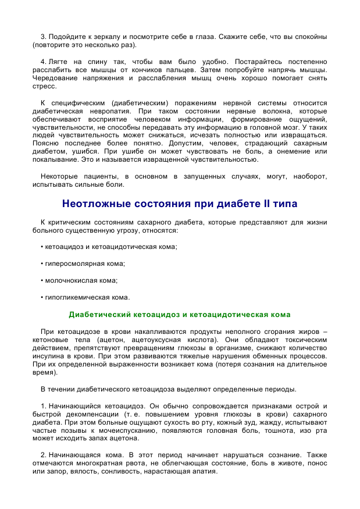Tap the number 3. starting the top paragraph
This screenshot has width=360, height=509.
coord(44,37)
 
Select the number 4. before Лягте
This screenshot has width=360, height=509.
coord(44,61)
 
